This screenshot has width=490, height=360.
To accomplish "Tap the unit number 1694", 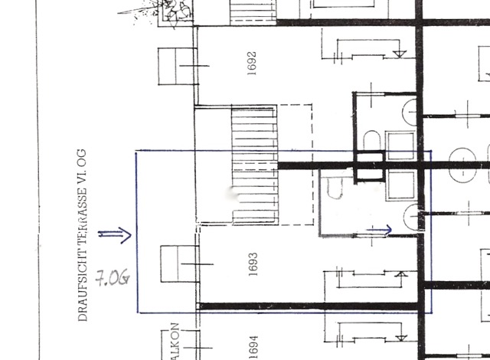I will click(253, 349).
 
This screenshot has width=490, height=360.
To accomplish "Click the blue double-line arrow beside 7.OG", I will click(114, 234).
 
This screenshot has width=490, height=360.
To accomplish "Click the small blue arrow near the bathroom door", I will click(381, 227).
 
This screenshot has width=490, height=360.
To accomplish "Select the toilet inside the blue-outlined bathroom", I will click(332, 187).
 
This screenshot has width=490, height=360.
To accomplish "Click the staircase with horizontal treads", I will click(254, 165).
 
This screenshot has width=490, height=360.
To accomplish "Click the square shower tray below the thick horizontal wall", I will click(402, 185).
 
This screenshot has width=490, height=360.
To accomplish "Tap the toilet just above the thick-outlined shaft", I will click(371, 142).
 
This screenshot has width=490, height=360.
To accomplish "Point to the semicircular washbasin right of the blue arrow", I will click(413, 217).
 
